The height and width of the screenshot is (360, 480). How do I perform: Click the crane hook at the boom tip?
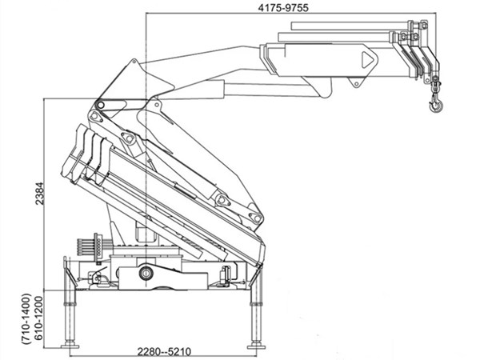(x=435, y=102)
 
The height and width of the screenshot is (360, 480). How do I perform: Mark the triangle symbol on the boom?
(x=367, y=59)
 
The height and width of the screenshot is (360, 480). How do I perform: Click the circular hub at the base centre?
(x=146, y=274)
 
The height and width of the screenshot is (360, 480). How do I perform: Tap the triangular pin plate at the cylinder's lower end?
(x=223, y=200)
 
